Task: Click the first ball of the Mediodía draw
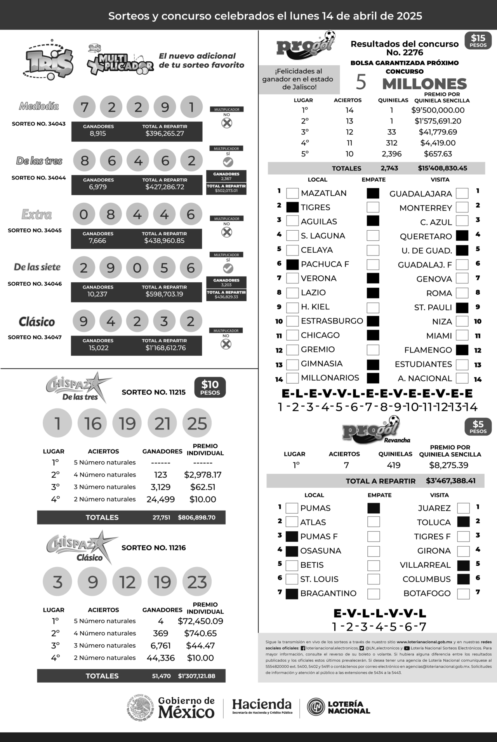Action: tap(84, 107)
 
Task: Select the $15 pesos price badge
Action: tap(478, 41)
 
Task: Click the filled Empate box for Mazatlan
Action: tap(373, 193)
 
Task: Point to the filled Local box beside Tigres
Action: tap(292, 207)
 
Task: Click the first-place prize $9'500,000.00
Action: tap(438, 110)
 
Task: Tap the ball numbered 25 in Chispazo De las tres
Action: tap(197, 423)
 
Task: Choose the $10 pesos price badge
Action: tap(210, 388)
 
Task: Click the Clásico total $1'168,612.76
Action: tap(165, 348)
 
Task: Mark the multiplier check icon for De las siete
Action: tap(228, 268)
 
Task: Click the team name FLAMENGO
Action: tap(428, 350)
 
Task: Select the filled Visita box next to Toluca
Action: tap(463, 522)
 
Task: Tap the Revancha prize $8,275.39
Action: tap(448, 465)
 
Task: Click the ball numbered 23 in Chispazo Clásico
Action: tap(197, 582)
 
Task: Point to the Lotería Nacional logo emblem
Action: tap(316, 707)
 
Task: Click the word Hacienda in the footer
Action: tap(262, 704)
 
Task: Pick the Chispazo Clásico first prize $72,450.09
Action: tap(200, 621)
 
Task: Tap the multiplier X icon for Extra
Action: tap(226, 232)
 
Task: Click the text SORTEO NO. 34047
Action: tap(35, 337)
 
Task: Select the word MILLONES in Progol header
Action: tap(424, 84)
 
